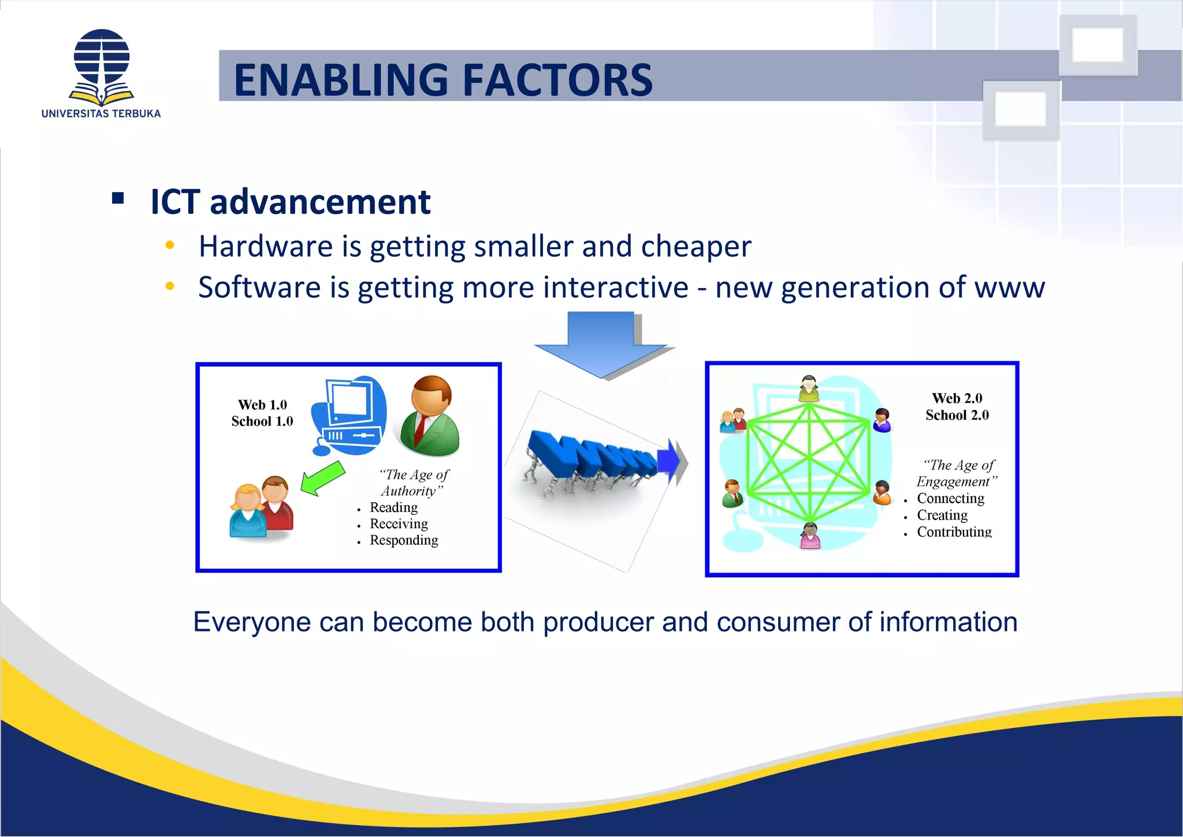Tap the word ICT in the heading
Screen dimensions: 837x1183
[175, 202]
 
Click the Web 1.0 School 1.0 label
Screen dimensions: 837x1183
[262, 413]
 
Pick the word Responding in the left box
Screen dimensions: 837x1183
[404, 540]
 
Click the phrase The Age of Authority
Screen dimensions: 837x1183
[413, 483]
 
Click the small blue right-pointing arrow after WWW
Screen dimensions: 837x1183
[669, 461]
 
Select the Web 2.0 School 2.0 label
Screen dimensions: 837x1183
[957, 406]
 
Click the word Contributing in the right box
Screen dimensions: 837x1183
[954, 532]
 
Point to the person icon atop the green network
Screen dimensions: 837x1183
[809, 388]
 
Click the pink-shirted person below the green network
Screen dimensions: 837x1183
[810, 536]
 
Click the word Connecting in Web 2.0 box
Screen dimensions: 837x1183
[950, 498]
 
